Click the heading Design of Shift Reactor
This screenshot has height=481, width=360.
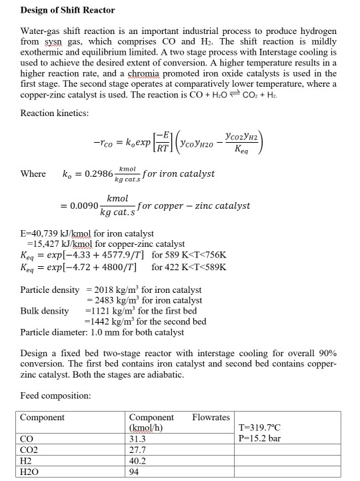coord(67,10)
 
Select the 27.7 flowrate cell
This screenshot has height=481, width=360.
coord(137,450)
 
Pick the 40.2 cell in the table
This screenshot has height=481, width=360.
coord(137,461)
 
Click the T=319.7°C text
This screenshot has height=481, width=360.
coord(261,428)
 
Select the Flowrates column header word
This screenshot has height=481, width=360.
coord(211,418)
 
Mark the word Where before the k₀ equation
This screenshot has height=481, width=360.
coord(33,174)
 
